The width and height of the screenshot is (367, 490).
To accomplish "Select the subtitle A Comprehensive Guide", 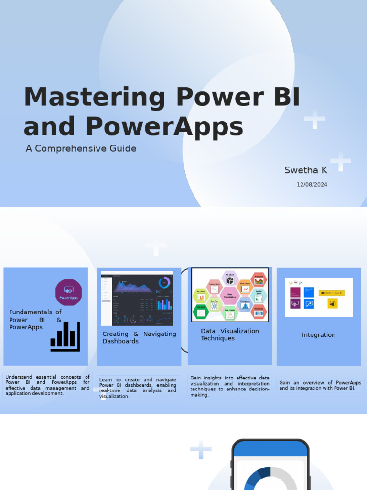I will (81, 148).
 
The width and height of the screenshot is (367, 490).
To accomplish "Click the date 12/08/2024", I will (312, 184).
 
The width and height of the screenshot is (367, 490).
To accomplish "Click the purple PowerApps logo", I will (69, 292).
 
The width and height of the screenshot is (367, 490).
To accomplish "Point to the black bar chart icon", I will (65, 336).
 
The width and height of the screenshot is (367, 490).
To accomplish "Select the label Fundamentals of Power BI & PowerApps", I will (35, 319).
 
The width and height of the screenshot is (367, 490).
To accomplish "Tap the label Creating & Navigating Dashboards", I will (139, 337).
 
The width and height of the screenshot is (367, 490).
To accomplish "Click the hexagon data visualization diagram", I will (230, 295).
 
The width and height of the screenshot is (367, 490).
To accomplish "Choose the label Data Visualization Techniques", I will (229, 334).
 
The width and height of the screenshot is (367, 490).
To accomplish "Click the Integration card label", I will (318, 335).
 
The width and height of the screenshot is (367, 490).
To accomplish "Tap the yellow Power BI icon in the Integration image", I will (333, 303).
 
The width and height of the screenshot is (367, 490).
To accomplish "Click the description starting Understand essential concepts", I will (47, 385).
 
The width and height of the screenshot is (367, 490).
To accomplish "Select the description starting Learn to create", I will (138, 388).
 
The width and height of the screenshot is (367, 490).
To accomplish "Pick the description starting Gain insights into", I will (230, 386).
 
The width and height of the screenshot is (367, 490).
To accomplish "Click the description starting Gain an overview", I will (320, 385).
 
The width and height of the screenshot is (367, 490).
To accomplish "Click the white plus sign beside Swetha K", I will (340, 162).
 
